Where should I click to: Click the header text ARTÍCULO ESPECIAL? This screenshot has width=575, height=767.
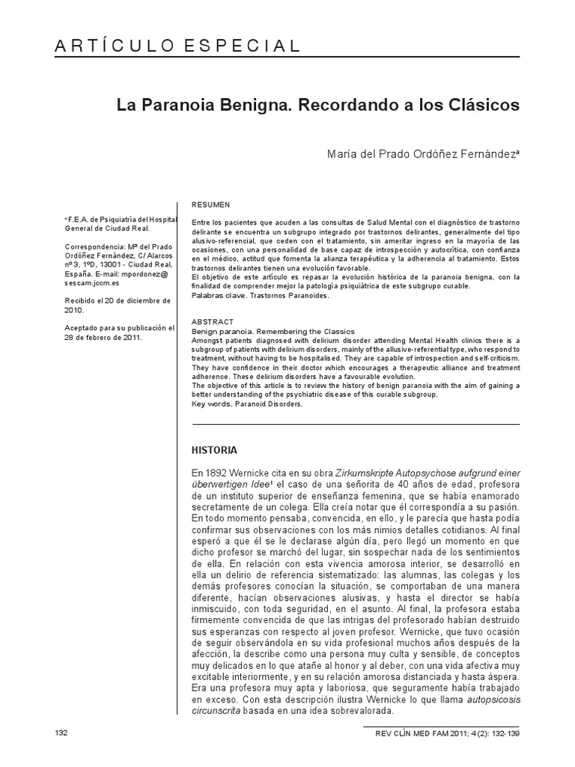pos(177,46)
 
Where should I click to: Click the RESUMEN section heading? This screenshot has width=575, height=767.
pos(211,204)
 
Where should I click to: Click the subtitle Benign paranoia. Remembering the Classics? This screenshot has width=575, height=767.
pos(274,330)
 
